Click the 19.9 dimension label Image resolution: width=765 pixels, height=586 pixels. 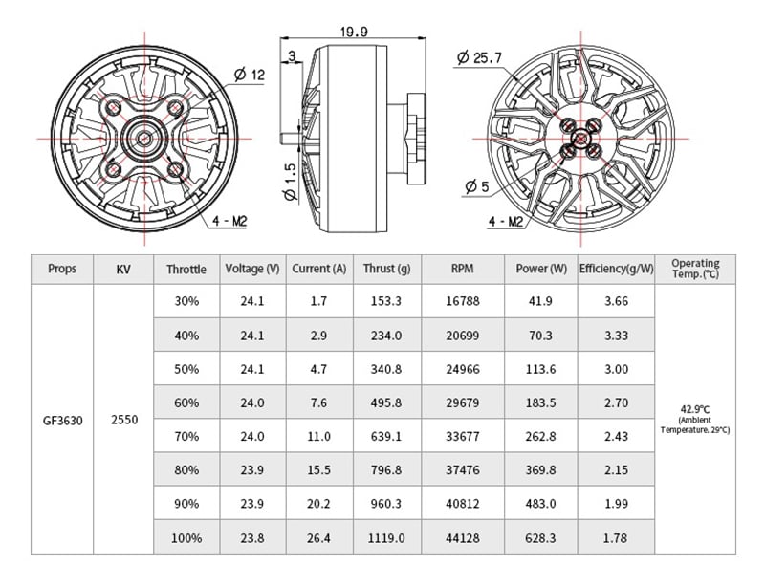tap(353, 32)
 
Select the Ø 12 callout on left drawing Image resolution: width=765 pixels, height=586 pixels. tap(250, 75)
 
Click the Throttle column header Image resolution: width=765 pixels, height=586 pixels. tap(186, 270)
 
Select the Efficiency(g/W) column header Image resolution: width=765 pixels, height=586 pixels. tap(616, 269)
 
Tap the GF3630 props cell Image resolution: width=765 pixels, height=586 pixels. tap(62, 419)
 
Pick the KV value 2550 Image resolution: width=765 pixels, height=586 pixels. tap(123, 419)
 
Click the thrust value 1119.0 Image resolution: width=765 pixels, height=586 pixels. tap(386, 538)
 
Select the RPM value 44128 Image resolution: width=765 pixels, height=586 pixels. tap(463, 538)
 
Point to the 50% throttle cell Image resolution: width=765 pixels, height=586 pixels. tap(186, 369)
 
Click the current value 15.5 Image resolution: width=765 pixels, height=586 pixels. tap(319, 470)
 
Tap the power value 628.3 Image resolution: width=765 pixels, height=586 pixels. tap(541, 538)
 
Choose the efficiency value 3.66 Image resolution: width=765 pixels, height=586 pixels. tap(616, 301)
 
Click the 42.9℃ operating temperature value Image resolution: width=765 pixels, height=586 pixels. tap(695, 410)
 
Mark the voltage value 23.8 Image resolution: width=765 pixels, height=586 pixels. tap(252, 538)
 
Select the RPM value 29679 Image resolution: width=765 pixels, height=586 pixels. tap(463, 402)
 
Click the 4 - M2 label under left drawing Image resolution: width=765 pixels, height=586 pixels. tap(229, 220)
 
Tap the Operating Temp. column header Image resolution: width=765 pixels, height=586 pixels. tap(695, 268)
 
